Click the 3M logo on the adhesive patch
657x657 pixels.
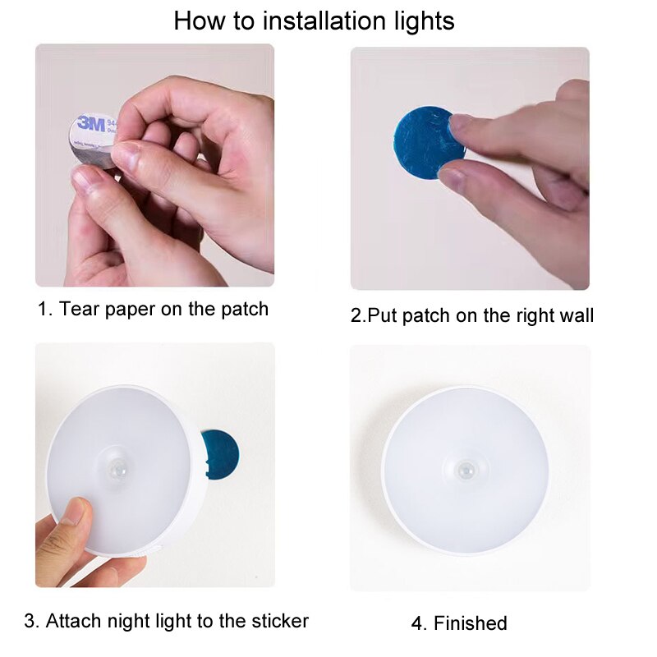tap(88, 126)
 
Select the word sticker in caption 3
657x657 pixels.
tap(277, 620)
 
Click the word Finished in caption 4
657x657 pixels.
tap(471, 623)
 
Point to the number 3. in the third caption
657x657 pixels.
tap(31, 620)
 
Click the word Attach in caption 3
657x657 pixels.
tap(74, 620)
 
